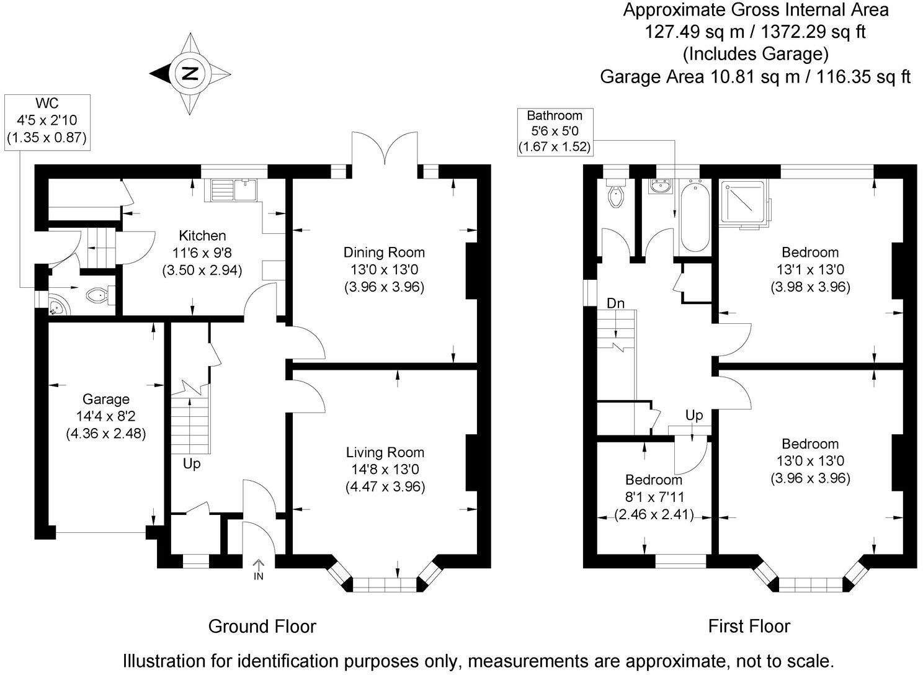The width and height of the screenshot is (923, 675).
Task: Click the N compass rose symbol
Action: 190,74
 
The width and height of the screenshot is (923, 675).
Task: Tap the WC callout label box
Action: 47,122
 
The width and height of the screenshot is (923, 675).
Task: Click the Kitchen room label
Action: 202,236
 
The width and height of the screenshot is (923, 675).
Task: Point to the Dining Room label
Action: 384,253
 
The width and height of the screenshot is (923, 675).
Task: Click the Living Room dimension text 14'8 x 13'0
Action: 385,470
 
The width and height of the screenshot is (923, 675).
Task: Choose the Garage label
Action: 106,400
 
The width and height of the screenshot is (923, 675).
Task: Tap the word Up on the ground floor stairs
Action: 192,463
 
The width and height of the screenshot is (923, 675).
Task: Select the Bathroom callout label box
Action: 555,131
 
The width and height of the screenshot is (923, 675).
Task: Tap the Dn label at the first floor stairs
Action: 615,303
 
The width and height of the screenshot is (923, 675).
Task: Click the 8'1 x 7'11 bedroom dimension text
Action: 654,497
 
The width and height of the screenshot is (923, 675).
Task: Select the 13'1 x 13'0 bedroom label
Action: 810,270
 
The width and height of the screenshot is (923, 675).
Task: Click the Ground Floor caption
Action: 262,627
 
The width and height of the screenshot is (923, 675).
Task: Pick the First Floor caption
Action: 749,627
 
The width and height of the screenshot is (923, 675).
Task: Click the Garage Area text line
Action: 755,76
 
